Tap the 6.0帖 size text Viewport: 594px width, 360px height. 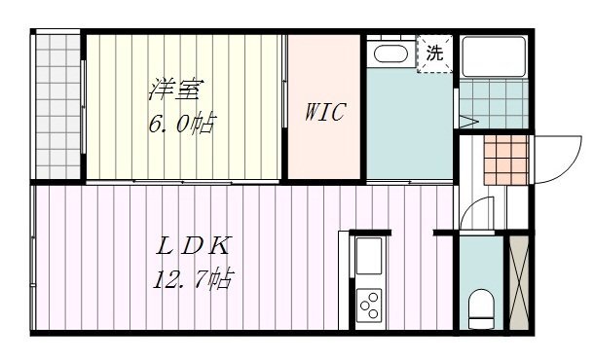click(x=183, y=124)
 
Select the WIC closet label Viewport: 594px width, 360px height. click(x=325, y=112)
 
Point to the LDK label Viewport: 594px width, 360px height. click(x=193, y=246)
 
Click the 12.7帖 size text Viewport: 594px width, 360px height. click(x=193, y=279)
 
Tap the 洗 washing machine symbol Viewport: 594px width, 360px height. click(x=434, y=53)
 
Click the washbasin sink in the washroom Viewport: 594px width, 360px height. click(x=390, y=54)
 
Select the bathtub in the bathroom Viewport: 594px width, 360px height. click(x=494, y=56)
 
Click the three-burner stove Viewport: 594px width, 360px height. click(x=369, y=306)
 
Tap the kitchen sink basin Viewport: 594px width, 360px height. click(x=369, y=256)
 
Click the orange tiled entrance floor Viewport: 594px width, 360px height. click(x=506, y=160)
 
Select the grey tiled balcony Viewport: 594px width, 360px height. click(x=57, y=106)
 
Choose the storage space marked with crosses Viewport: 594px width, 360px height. click(x=519, y=282)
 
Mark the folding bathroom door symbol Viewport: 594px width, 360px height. click(x=468, y=122)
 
